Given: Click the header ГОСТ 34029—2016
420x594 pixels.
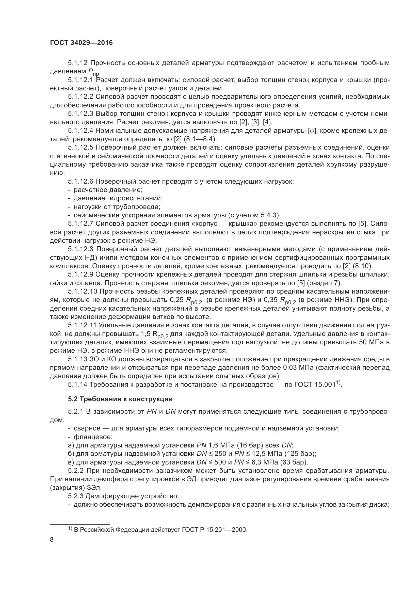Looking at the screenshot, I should pyautogui.click(x=81, y=43).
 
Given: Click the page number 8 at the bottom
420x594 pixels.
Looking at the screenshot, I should pyautogui.click(x=52, y=540).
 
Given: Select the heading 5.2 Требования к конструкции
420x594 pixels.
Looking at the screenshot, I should pyautogui.click(x=120, y=399).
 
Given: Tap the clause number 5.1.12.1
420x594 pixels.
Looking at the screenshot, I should pyautogui.click(x=81, y=80).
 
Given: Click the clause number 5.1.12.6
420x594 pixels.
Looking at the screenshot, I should pyautogui.click(x=81, y=181).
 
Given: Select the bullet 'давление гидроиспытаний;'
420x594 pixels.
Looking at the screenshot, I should pyautogui.click(x=118, y=198).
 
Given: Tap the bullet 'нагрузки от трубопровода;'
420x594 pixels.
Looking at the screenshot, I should pyautogui.click(x=117, y=207).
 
